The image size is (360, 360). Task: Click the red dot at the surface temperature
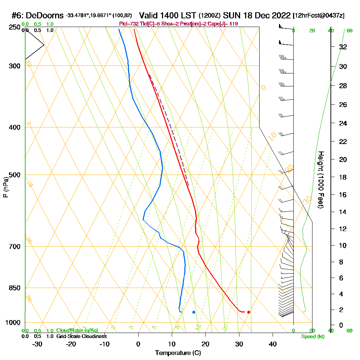coord(248,312)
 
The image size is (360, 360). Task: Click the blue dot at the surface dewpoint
coord(194,312)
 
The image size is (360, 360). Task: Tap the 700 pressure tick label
coord(15,247)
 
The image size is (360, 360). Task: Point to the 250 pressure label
coord(15,27)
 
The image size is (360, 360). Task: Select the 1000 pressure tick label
coord(13,323)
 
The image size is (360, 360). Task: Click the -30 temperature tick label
coord(37,343)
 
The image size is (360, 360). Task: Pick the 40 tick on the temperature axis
coord(273,343)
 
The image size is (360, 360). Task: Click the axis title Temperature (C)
coord(178,353)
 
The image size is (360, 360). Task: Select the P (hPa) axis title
coord(5,187)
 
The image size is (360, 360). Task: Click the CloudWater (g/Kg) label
coord(77,330)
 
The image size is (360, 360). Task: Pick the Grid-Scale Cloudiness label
coord(81,336)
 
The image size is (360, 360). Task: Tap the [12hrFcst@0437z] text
coord(319,15)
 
